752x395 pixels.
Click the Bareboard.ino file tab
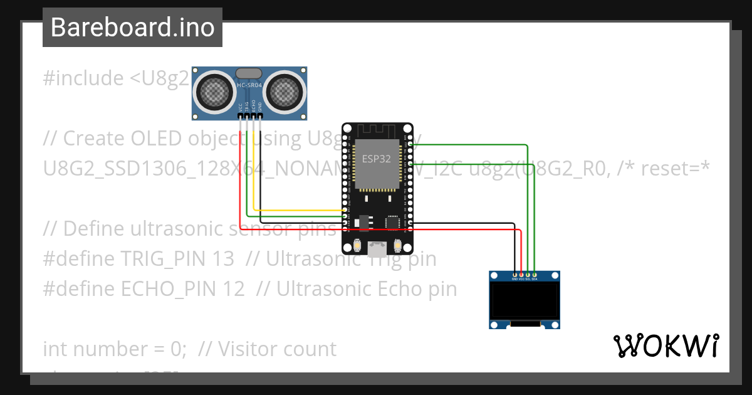tap(132, 28)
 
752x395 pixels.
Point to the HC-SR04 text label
tap(249, 85)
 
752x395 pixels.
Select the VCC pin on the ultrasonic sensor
tap(241, 116)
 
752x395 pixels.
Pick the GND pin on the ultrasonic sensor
tap(259, 116)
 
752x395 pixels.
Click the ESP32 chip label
tap(377, 159)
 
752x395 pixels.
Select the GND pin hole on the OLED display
tap(515, 275)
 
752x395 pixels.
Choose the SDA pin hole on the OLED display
tap(535, 275)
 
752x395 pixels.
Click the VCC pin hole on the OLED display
tap(521, 275)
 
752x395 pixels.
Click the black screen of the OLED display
tap(524, 301)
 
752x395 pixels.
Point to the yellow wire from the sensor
tap(253, 182)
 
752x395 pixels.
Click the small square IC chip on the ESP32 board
tap(393, 221)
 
